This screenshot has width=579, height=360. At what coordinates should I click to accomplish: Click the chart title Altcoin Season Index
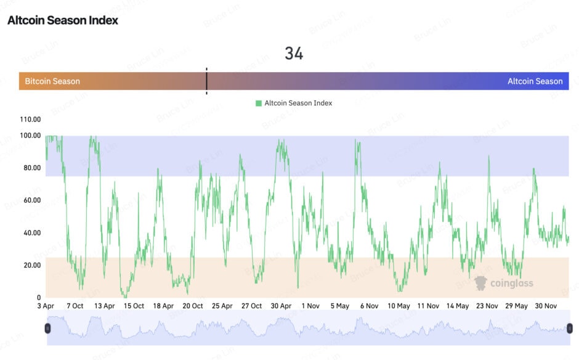point(63,20)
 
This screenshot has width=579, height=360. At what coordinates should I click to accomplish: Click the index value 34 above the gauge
point(294,54)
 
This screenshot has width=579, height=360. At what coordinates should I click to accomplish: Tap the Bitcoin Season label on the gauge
point(52,81)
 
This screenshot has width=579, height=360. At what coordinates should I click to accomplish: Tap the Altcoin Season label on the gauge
point(535,81)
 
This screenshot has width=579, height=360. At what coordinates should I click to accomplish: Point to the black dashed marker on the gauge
point(206,81)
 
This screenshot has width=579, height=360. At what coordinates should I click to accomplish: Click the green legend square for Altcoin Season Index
point(259,104)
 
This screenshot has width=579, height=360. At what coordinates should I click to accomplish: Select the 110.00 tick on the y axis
point(30,120)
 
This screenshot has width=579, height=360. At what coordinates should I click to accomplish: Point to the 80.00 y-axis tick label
point(30,168)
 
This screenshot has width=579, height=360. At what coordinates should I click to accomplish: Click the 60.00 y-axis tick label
point(30,200)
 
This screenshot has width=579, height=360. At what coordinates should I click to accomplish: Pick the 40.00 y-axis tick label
point(30,233)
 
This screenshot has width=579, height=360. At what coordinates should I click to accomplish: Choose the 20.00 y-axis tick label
point(30,266)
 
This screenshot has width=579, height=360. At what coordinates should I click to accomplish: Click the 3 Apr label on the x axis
point(46,306)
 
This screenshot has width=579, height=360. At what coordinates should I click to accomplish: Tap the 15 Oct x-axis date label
point(134,306)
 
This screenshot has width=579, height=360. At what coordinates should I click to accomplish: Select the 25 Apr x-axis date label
point(222,306)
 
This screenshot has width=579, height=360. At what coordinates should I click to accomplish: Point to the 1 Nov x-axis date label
point(310,306)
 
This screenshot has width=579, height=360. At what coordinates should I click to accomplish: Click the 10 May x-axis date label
point(399,306)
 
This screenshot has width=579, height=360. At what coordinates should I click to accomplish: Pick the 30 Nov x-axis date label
point(546,306)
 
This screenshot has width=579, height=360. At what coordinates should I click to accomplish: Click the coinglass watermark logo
point(504,283)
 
